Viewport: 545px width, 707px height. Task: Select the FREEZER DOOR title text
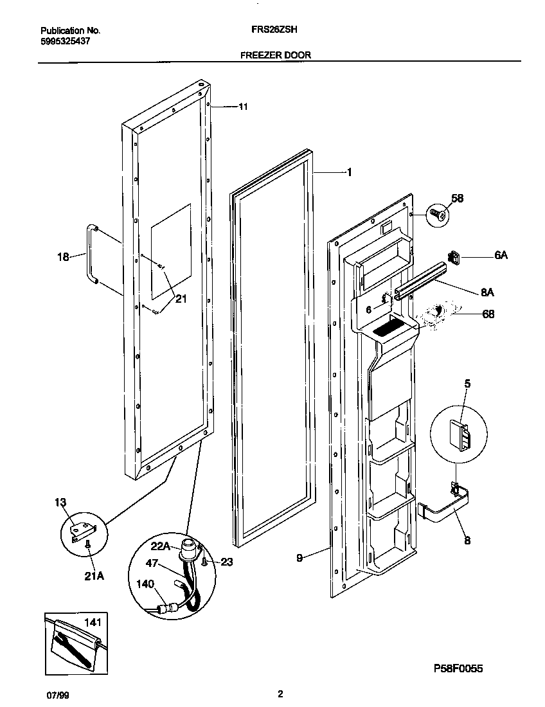pos(275,55)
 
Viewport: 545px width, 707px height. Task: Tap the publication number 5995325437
pos(64,40)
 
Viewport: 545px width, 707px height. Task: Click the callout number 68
pos(488,314)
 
